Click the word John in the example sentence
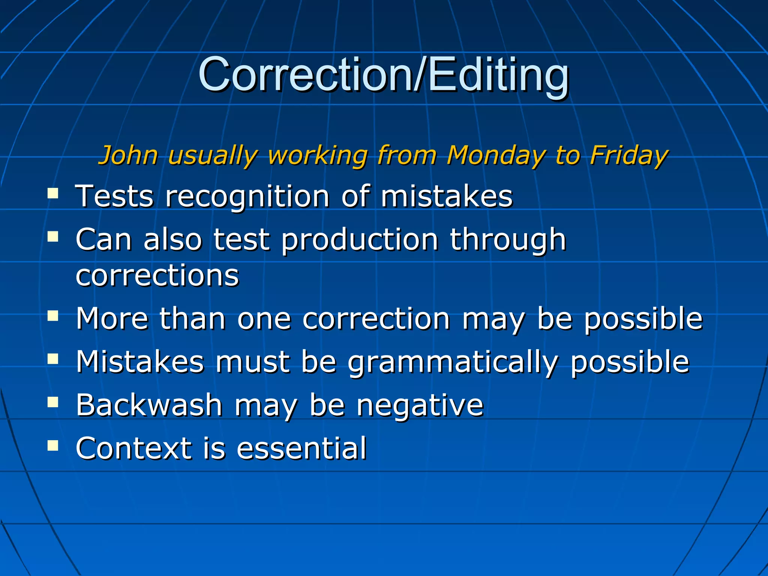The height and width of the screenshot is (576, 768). coord(128,155)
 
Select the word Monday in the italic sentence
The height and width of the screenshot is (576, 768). coord(495,155)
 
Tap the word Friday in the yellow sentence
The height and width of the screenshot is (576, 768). coord(628,155)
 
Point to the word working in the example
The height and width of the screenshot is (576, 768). coord(317,156)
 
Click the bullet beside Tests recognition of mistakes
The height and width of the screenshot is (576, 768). coord(53,193)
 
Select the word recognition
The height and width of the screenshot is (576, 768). coord(247,196)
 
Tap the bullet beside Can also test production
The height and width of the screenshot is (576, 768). coord(53,237)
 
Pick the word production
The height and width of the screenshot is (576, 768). coord(360,240)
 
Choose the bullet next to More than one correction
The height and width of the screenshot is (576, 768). coord(53,316)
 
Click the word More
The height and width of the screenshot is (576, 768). coord(112,318)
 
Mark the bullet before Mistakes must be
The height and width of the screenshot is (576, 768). coord(53,359)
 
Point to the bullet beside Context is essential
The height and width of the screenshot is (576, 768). coord(53,445)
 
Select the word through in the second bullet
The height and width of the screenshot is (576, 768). coord(508,240)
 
